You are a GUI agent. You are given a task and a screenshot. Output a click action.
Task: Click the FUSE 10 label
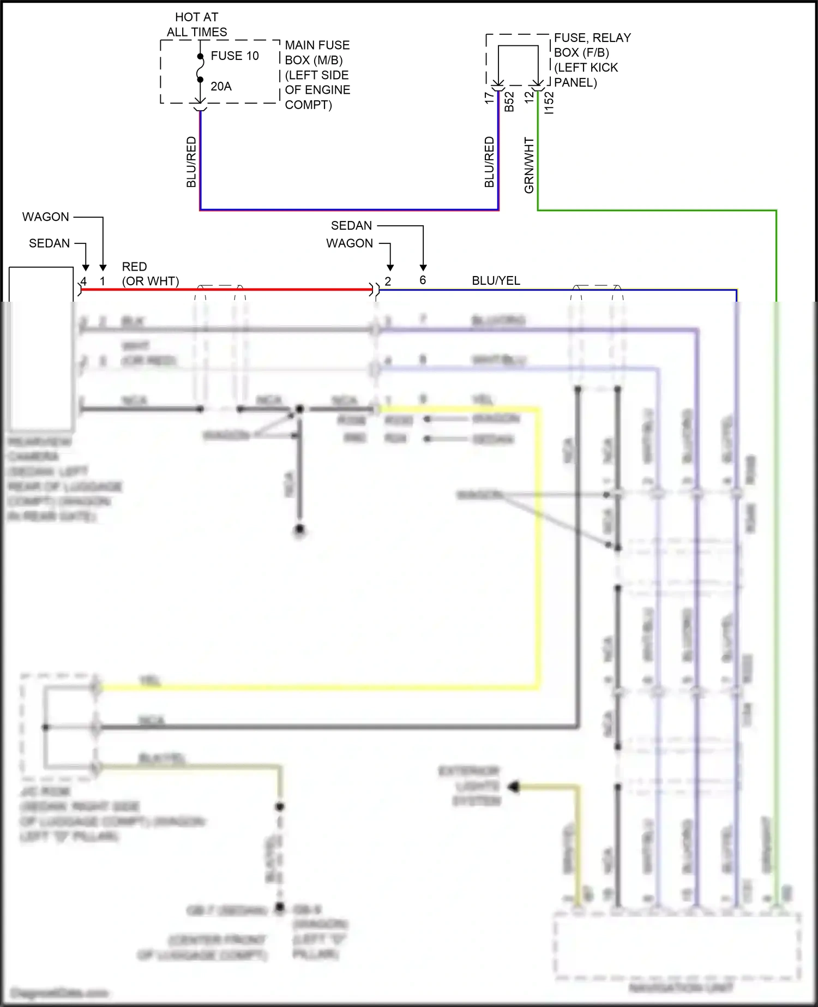pyautogui.click(x=234, y=56)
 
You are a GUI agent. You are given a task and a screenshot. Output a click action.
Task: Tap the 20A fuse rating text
pyautogui.click(x=221, y=86)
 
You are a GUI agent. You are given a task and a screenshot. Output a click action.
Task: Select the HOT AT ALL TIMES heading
pyautogui.click(x=197, y=25)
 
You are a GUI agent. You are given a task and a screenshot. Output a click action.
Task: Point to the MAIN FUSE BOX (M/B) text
pyautogui.click(x=317, y=52)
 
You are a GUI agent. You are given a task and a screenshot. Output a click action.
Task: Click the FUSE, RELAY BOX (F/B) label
pyautogui.click(x=592, y=45)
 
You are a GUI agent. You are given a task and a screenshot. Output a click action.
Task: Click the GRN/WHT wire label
pyautogui.click(x=529, y=165)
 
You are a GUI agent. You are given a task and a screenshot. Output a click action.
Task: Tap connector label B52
pyautogui.click(x=509, y=101)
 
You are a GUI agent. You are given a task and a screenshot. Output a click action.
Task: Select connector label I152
pyautogui.click(x=549, y=103)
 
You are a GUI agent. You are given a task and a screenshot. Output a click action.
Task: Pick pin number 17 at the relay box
pyautogui.click(x=489, y=97)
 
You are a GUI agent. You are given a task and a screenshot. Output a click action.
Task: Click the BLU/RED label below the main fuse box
pyautogui.click(x=191, y=162)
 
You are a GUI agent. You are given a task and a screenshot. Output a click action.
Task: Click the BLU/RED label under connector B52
pyautogui.click(x=489, y=162)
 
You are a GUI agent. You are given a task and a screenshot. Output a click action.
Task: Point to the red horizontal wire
pyautogui.click(x=226, y=290)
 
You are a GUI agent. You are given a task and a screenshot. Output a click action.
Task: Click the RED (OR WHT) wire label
pyautogui.click(x=150, y=274)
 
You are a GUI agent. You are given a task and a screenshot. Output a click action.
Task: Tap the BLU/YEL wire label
pyautogui.click(x=496, y=280)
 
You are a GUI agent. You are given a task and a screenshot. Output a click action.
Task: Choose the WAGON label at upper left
pyautogui.click(x=46, y=217)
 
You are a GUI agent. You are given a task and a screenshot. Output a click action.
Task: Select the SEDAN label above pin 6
pyautogui.click(x=351, y=225)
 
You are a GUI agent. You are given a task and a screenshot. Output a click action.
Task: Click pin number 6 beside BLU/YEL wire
pyautogui.click(x=423, y=280)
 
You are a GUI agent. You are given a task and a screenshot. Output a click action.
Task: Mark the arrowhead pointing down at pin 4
pyautogui.click(x=86, y=267)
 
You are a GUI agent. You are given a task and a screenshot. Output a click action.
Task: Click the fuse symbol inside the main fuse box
pyautogui.click(x=200, y=68)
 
